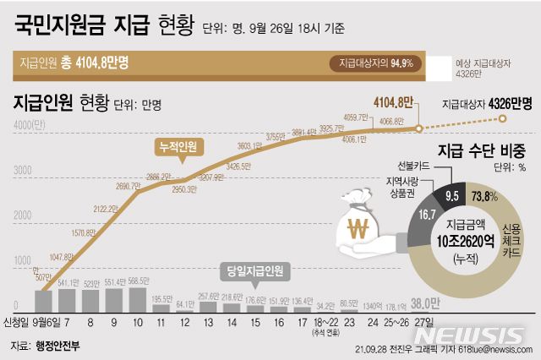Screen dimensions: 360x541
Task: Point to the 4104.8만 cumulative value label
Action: pyautogui.click(x=393, y=103)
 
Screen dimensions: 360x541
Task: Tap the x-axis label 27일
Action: pyautogui.click(x=419, y=322)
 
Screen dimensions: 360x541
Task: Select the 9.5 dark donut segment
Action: pyautogui.click(x=452, y=196)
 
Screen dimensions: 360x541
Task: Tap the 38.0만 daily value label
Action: pyautogui.click(x=425, y=303)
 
